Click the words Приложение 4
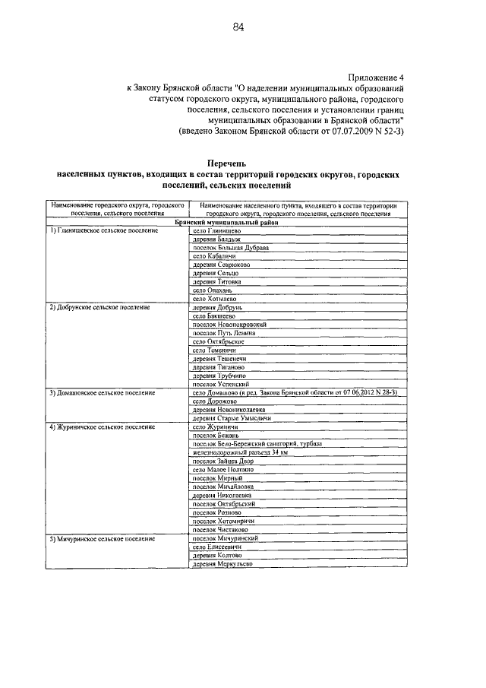coord(377,78)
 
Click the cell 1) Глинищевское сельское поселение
coord(103,230)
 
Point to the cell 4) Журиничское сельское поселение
coord(104,427)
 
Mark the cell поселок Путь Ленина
coord(224,333)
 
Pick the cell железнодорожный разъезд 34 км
coord(240,452)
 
